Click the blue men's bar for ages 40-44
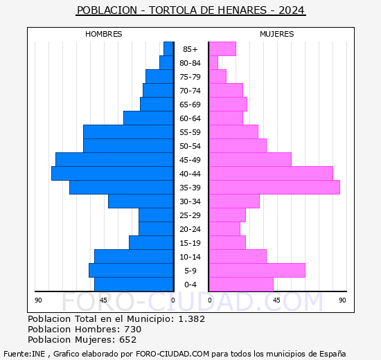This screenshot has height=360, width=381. coord(112,174)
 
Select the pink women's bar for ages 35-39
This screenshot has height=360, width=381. coord(274,188)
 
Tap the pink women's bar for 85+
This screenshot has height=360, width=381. coord(222,49)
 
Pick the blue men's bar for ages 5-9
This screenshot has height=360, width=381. coord(131,271)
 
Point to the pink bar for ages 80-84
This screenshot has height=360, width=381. coord(213,63)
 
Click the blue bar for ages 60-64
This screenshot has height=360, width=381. coord(148,118)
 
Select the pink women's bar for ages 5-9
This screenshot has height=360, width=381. coord(257,271)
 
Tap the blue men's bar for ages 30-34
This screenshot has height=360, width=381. coord(141,201)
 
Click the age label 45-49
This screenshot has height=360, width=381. coord(190,160)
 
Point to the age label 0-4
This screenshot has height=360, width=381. coord(190,285)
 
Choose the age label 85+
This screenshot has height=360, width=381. coord(190,49)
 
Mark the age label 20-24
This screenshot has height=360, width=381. coord(190,229)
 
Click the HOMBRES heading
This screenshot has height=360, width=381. coord(103,34)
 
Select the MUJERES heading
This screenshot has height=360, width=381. coord(277,34)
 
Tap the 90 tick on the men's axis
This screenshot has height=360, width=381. coord(38,300)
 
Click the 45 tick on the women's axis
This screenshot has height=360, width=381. coord(276,300)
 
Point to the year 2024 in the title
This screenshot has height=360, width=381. coord(292,10)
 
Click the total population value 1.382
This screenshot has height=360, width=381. coord(192,318)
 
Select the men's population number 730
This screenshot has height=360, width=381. coord(133,329)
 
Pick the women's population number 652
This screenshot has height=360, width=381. coord(128,340)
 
